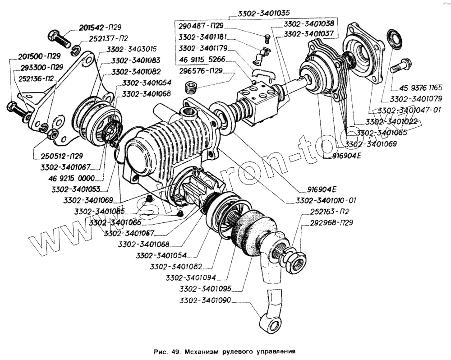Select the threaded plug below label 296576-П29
click(x=193, y=86)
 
